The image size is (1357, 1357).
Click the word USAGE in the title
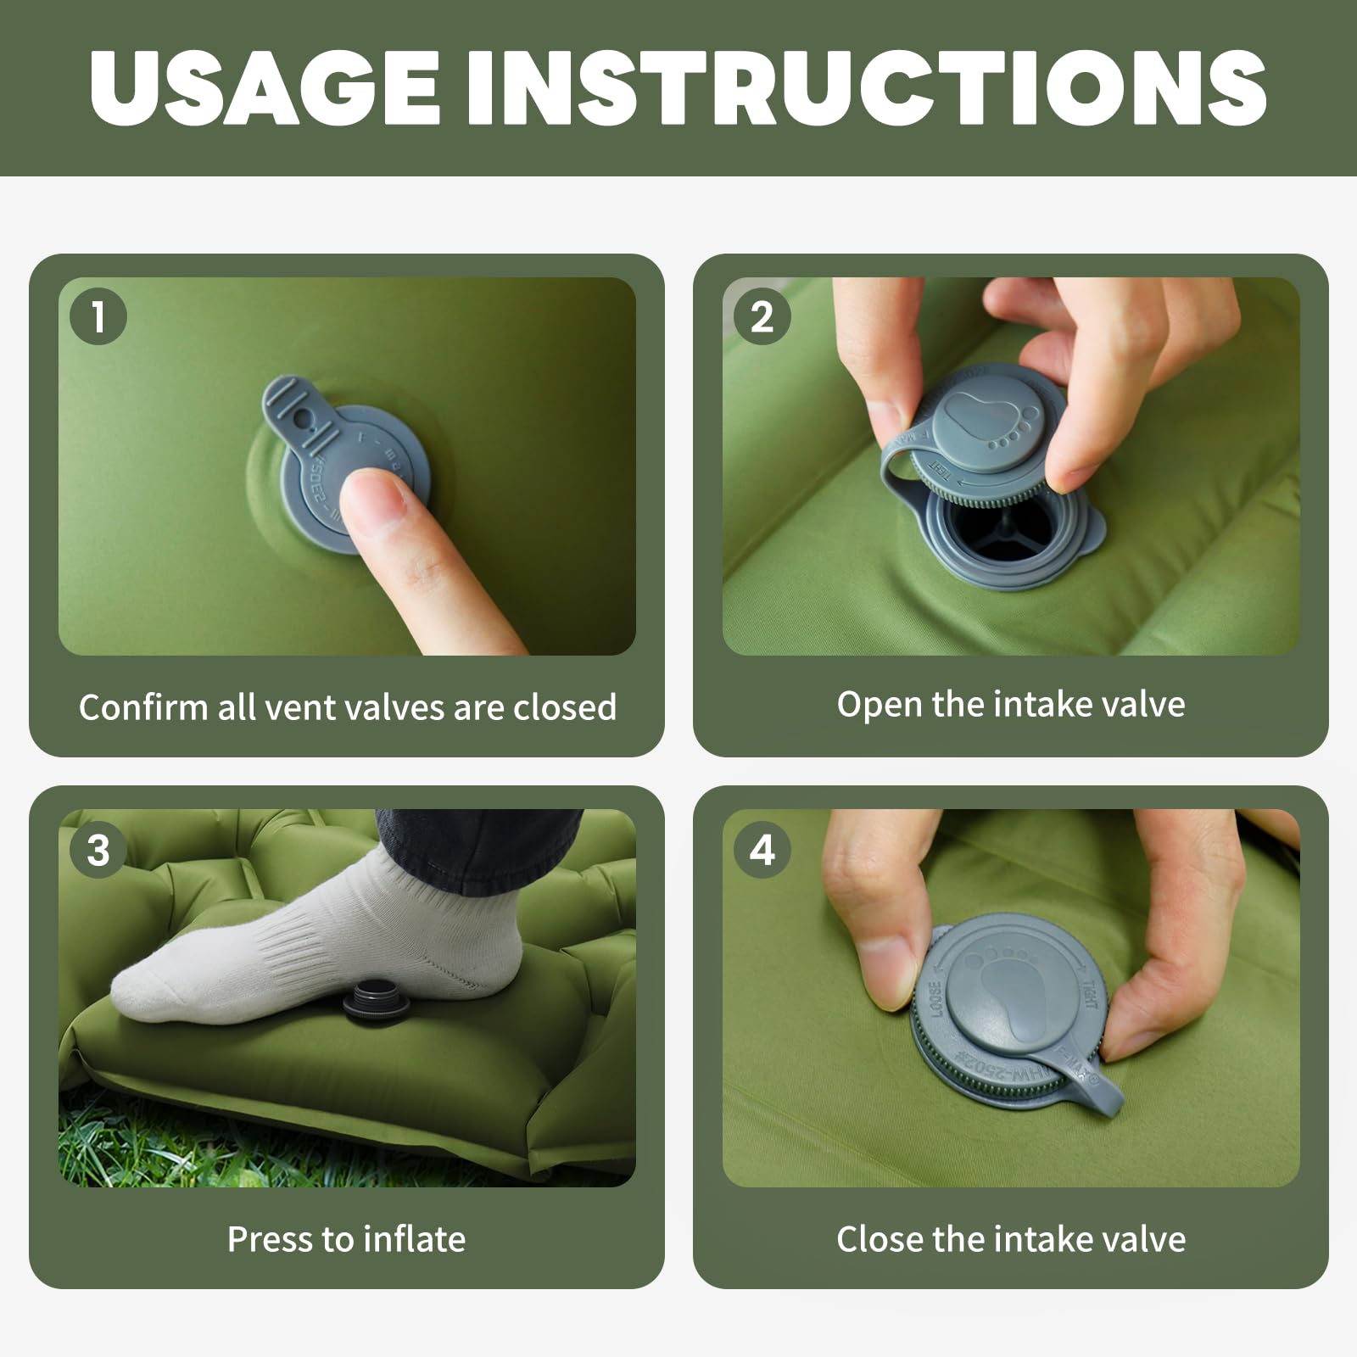[265, 87]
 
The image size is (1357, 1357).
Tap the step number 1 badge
[98, 317]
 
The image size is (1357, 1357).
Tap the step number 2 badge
[762, 317]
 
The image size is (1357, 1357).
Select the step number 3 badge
[98, 850]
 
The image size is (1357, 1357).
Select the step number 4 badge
[762, 850]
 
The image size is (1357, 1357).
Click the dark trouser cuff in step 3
[483, 848]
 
